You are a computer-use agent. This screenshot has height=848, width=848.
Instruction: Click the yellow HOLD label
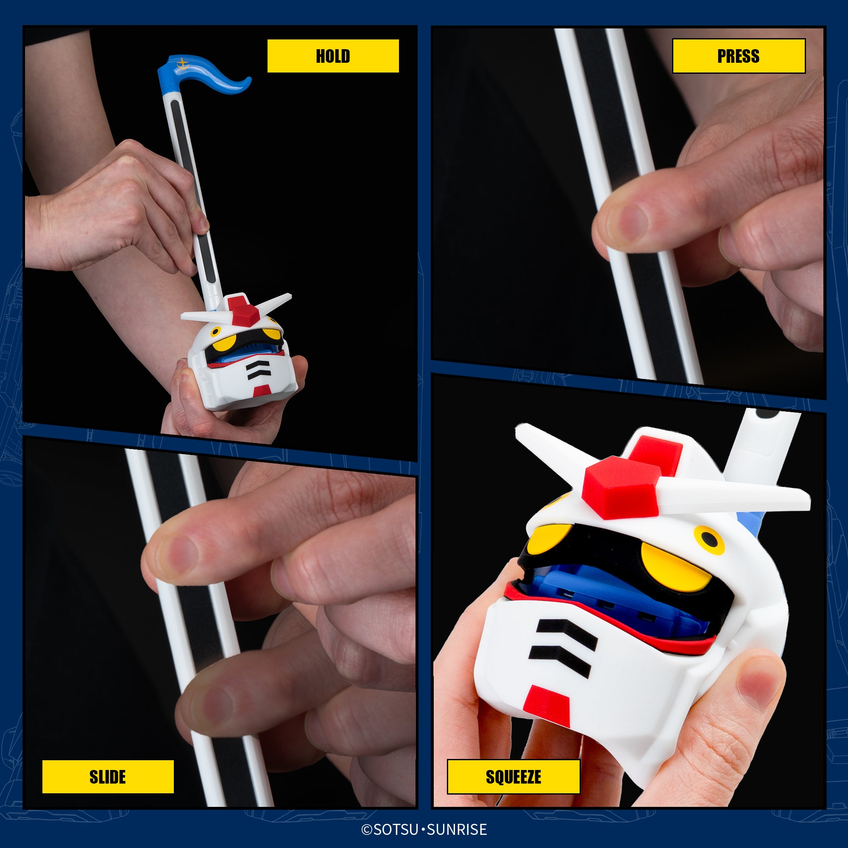click(333, 56)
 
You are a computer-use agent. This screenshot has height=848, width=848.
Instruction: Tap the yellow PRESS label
click(739, 56)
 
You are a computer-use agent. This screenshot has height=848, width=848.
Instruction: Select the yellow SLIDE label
click(108, 777)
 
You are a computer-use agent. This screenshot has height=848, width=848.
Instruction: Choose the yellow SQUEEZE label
click(513, 777)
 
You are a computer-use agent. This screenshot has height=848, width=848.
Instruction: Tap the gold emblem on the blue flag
click(182, 64)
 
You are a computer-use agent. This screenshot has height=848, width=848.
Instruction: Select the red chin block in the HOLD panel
click(262, 390)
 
